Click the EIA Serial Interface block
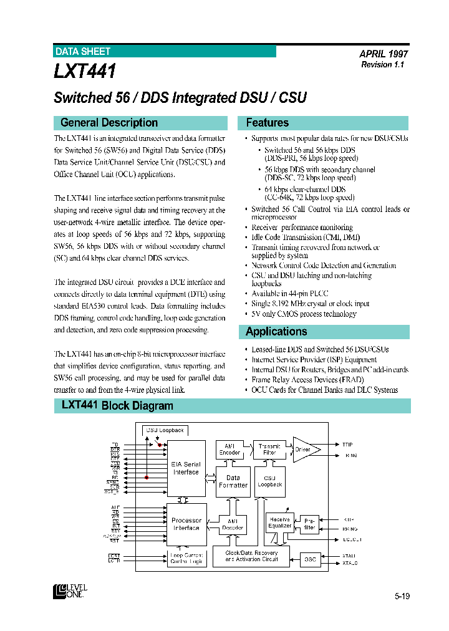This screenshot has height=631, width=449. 186,468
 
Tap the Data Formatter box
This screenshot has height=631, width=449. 233,481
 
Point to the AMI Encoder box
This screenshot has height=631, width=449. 229,450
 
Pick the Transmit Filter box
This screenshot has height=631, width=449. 269,449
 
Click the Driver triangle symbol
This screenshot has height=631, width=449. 305,450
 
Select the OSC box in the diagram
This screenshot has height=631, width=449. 310,559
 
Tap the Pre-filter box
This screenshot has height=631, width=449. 309,524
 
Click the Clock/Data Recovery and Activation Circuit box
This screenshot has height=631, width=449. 251,556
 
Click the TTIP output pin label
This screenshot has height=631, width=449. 347,445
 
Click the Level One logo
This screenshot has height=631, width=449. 70,590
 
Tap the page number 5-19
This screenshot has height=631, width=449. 402,597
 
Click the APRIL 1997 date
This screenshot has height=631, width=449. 384,54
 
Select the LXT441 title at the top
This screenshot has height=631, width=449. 85,71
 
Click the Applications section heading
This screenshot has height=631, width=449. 276,332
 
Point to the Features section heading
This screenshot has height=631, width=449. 267,123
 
